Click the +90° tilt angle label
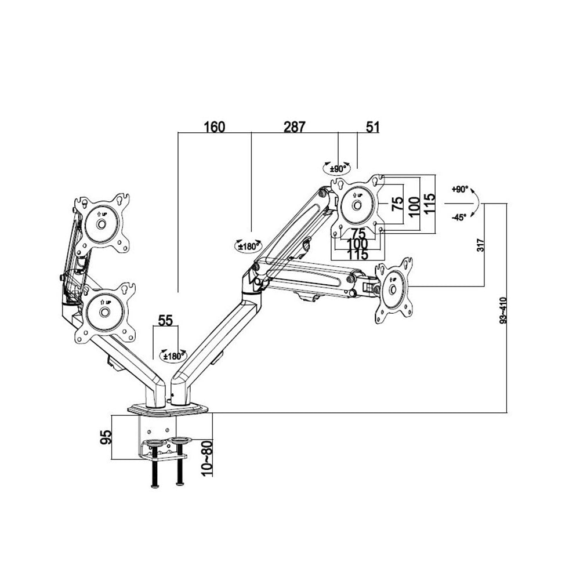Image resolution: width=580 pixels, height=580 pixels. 459,190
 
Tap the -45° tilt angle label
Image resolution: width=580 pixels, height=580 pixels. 459,217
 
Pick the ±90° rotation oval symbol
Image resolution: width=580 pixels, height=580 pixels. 337,168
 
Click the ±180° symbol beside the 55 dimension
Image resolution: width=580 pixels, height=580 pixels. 173,354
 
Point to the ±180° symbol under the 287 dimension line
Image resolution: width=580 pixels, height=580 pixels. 248,246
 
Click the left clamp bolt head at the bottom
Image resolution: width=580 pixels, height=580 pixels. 154,485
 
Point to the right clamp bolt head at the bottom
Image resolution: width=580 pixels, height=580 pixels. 179,484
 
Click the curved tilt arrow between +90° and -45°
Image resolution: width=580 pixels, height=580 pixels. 476,204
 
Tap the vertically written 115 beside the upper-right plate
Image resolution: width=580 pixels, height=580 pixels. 429,205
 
